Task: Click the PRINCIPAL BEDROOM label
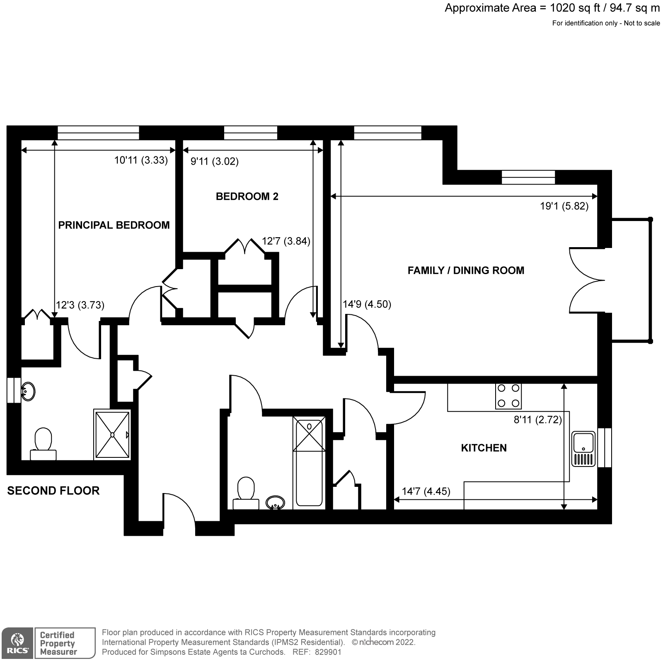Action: (114, 225)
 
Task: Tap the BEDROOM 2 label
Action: (247, 197)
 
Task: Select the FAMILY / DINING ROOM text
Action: (466, 271)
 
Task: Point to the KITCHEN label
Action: (484, 448)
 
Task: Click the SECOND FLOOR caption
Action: (53, 491)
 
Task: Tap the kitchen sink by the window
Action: (584, 449)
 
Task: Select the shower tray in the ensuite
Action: (112, 435)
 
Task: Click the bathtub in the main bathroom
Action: (309, 462)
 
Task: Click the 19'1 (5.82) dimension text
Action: (564, 206)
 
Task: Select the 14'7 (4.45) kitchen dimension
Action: (426, 491)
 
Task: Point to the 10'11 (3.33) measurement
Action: (141, 160)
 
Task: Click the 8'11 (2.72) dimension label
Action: (537, 420)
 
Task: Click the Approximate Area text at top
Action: (552, 8)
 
